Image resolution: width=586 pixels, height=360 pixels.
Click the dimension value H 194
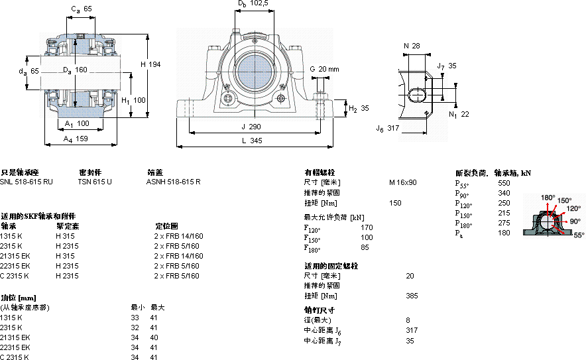coord(151,64)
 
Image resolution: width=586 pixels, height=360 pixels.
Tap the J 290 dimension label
coord(253,126)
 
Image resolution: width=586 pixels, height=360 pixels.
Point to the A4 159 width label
coord(76,139)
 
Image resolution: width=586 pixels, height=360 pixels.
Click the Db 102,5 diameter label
coord(253,4)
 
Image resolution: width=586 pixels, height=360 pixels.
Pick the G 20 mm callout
coord(324,69)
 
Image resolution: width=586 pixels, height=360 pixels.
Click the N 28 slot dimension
coord(411,46)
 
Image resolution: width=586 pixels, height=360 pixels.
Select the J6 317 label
coord(388,128)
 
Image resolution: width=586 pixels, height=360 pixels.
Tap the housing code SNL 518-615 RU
coord(27,181)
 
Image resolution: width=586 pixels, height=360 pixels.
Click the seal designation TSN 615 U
coord(95,181)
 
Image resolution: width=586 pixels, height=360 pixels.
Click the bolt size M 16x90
coord(403,182)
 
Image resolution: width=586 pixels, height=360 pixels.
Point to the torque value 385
coord(411,296)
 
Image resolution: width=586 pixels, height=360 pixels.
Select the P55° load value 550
coord(504,182)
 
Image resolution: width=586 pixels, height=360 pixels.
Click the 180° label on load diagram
coord(548,198)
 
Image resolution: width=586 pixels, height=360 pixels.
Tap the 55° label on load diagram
coord(579,235)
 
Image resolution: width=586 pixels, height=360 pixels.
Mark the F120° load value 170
coord(366,228)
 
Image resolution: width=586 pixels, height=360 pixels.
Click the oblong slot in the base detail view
coord(418,95)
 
